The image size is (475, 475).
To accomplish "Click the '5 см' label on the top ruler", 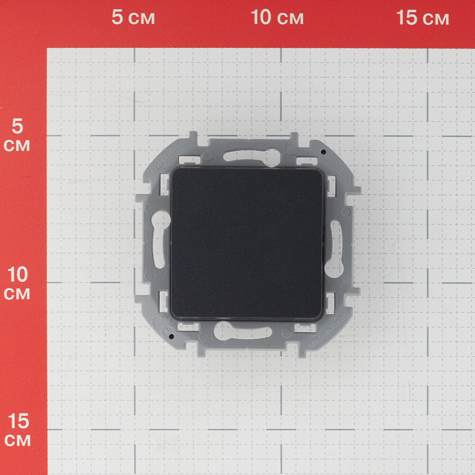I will [x=133, y=18].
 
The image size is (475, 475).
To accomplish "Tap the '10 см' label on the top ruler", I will [x=277, y=18].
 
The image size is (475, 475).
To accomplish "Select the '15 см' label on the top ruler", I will [x=422, y=18].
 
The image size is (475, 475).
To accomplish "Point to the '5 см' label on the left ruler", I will [x=17, y=135].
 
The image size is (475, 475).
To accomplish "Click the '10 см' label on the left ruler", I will [x=17, y=283].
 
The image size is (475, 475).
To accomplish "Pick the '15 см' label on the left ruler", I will [x=17, y=430].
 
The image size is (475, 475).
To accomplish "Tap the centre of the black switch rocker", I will [x=247, y=243].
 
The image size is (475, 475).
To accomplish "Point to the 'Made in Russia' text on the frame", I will [x=330, y=331].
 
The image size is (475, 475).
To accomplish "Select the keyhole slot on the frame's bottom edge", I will [x=242, y=331].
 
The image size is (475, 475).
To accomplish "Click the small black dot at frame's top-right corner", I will [x=323, y=152].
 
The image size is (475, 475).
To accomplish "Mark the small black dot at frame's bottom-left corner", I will [x=171, y=336].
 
